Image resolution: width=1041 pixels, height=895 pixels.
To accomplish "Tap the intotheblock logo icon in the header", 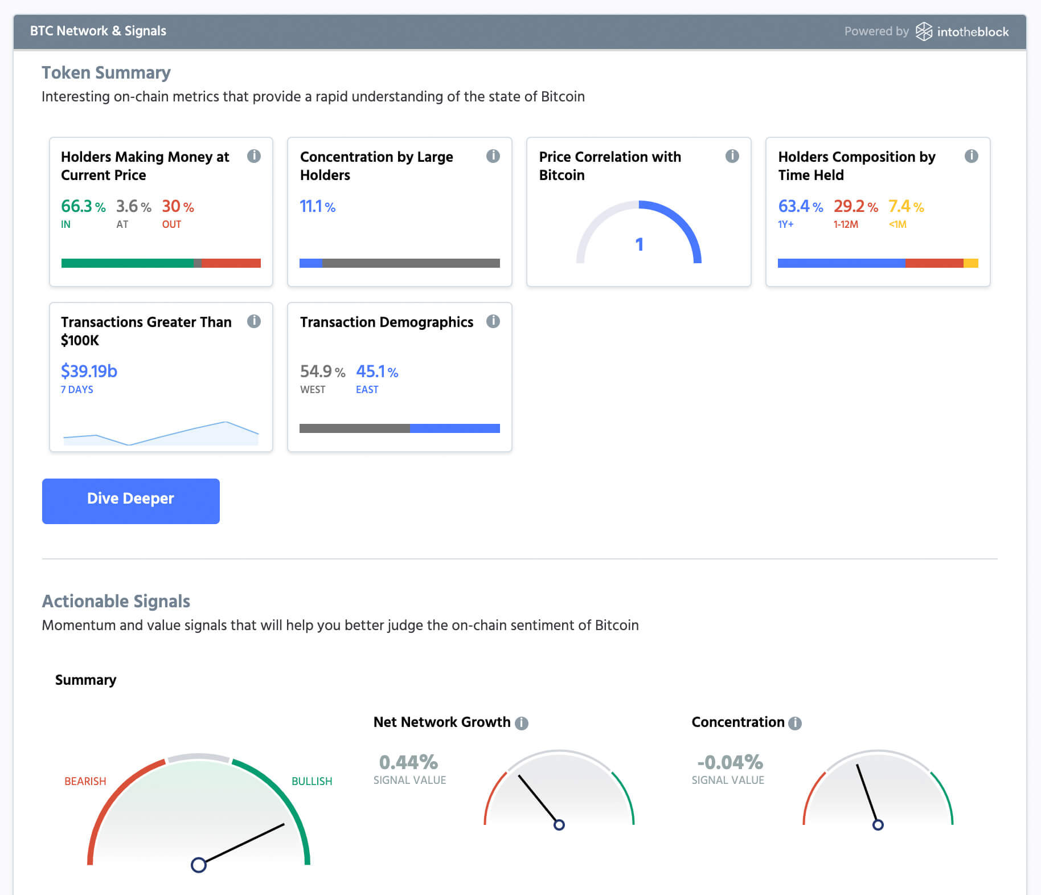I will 923,31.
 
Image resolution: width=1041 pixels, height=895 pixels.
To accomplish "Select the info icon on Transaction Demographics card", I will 493,321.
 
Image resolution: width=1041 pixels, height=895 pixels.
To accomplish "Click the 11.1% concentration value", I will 317,206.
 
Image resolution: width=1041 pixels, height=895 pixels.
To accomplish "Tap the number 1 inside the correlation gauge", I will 639,244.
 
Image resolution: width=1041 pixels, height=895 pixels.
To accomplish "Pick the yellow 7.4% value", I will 905,206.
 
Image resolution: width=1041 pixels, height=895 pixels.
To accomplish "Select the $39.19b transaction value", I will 89,371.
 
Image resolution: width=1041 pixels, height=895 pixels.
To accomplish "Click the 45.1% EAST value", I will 376,371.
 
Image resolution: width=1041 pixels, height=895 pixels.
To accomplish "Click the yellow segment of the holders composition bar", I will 970,263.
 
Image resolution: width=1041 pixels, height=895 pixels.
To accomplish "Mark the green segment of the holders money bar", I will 127,263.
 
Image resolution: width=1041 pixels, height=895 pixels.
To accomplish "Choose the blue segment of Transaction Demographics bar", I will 454,428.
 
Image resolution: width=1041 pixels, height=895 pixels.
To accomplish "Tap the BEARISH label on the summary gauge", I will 85,781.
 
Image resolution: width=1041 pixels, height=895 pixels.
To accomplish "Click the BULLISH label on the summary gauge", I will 312,781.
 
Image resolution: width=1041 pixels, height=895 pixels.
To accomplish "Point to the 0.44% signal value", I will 408,762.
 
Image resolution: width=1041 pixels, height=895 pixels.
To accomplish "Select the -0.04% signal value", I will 729,762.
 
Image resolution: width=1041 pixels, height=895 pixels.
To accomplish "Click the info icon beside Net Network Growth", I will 522,723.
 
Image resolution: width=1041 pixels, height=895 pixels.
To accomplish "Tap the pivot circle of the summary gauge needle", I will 198,865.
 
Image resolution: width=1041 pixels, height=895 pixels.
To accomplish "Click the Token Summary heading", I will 106,73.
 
